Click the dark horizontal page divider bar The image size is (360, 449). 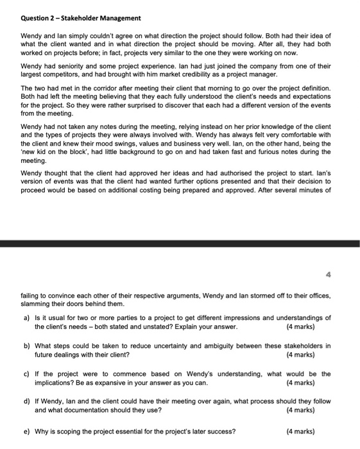(x=180, y=243)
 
